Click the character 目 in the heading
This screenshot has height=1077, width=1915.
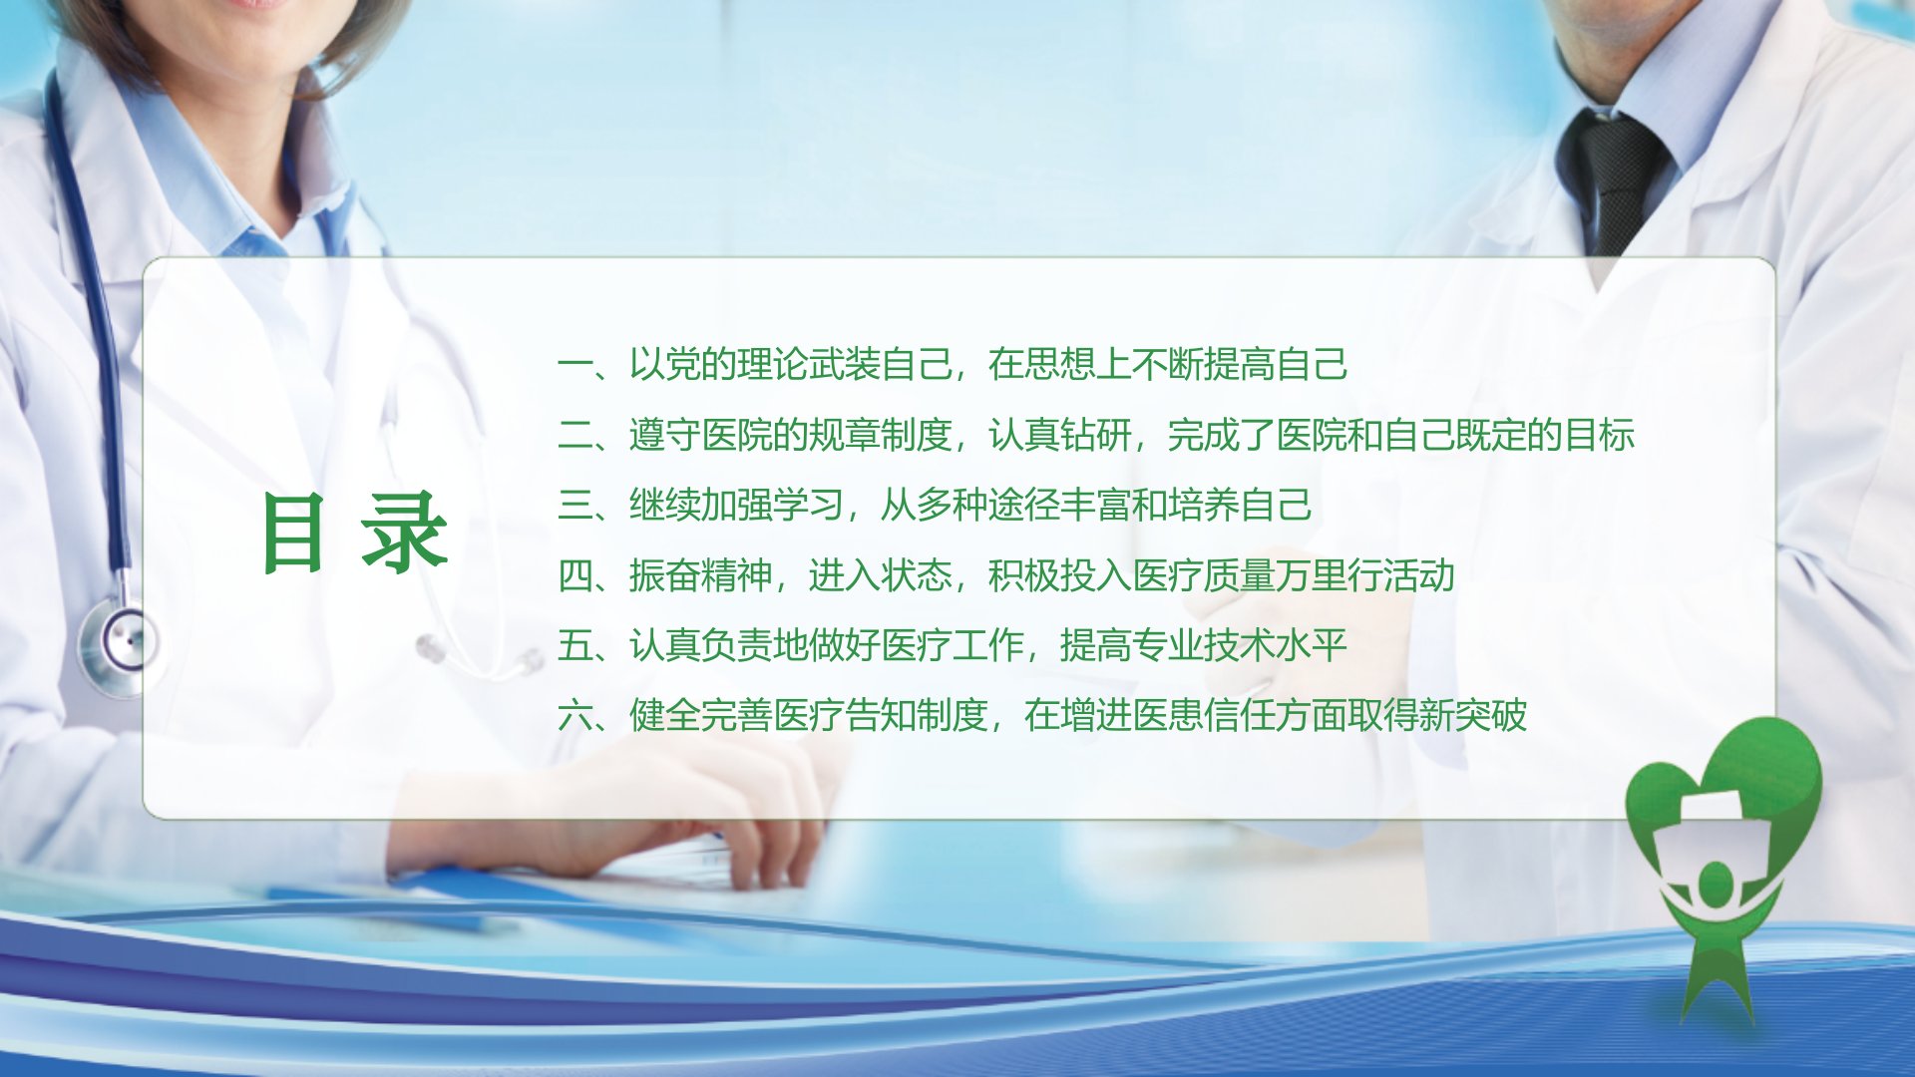[x=293, y=534]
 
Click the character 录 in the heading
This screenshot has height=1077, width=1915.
[x=404, y=534]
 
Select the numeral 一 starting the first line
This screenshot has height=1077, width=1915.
[x=574, y=365]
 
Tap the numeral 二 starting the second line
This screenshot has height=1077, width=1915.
[x=574, y=436]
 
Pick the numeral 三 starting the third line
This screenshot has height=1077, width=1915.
[x=574, y=506]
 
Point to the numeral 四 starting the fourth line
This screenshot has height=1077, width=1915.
[x=574, y=576]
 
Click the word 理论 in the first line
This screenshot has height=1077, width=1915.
[x=772, y=365]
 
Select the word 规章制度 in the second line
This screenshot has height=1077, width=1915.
[x=880, y=436]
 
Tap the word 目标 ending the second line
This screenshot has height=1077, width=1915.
[x=1600, y=436]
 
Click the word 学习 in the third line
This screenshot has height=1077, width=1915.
[x=808, y=506]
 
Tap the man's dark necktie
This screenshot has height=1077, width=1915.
[x=1614, y=179]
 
